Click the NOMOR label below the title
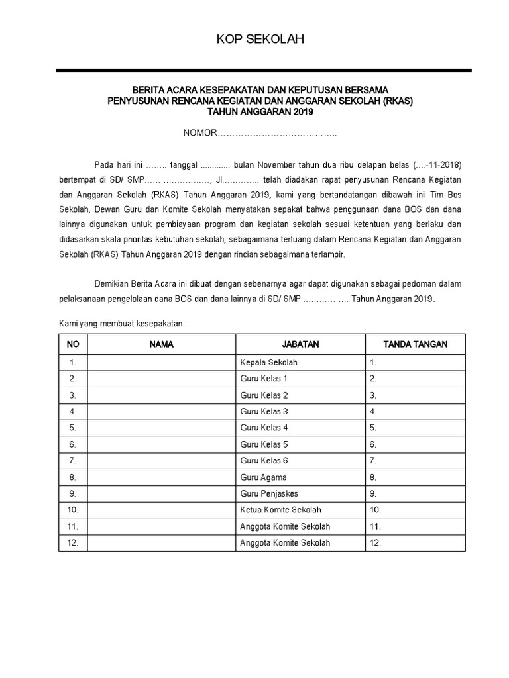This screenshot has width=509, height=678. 200,134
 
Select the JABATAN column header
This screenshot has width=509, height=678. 300,344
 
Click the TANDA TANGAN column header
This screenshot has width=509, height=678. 416,344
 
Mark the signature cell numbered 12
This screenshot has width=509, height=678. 416,543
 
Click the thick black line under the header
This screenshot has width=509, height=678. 263,70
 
